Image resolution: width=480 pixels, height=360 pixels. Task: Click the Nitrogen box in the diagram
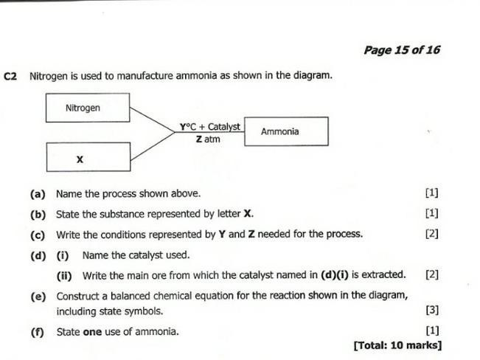coord(88,108)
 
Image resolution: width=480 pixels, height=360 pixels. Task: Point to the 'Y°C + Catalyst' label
coord(209,127)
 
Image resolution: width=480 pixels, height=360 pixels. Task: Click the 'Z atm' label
coord(208,139)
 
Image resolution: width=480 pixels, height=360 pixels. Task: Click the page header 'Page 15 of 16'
coord(401,49)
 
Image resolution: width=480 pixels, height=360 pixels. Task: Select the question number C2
coord(10,76)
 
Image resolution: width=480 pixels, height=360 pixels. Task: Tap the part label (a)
coord(38,194)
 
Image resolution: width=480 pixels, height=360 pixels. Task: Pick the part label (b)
coord(38,214)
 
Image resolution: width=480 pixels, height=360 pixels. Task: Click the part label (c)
coord(38,235)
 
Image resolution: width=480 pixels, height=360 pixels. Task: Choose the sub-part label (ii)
coord(65,275)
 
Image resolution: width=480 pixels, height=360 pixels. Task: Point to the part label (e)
coord(38,296)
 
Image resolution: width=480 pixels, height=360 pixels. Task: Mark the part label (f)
coord(38,331)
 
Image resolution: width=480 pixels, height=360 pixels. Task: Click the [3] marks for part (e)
coord(432,311)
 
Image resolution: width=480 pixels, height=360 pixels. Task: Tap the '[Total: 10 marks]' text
coord(397,345)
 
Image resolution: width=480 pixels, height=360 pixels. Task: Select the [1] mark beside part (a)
coord(432,193)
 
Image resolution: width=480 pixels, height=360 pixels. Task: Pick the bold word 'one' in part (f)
coord(92,331)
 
